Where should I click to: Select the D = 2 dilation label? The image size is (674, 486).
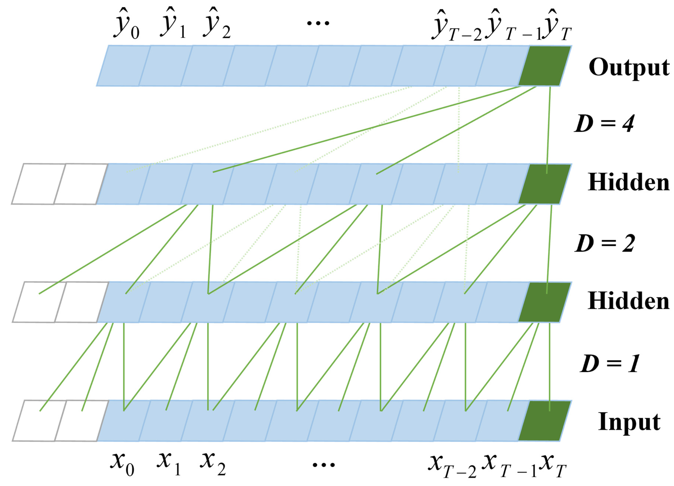coord(605,243)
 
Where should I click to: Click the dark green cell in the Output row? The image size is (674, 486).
coord(544,66)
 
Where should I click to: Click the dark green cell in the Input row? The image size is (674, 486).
coord(544,420)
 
